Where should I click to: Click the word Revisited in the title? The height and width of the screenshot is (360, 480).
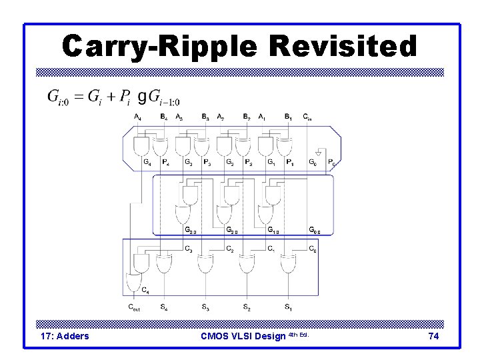point(344,47)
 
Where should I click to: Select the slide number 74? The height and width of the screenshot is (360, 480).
point(433,336)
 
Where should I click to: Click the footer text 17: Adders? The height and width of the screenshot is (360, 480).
point(65,336)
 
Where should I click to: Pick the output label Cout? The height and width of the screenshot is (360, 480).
point(135,307)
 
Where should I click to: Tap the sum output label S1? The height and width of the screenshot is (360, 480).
point(288,307)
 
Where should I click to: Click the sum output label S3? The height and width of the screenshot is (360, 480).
point(205,307)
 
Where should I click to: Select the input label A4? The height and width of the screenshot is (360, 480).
point(137,117)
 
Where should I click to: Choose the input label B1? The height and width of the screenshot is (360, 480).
point(288,117)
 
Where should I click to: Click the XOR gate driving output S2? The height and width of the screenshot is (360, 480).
point(246,264)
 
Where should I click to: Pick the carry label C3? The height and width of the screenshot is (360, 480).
point(189,250)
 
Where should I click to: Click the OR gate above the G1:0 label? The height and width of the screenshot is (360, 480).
point(267,215)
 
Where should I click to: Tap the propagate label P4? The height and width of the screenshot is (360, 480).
point(165,162)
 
